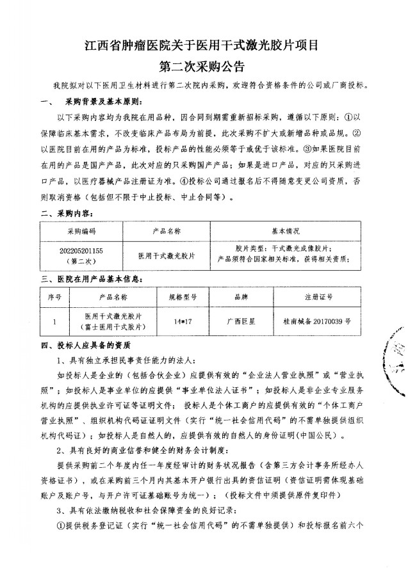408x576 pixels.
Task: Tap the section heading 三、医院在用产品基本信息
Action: (x=95, y=279)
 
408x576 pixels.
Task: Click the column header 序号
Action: (x=54, y=298)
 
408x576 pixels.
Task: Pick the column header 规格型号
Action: (x=183, y=298)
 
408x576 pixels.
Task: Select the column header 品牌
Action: (x=241, y=298)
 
